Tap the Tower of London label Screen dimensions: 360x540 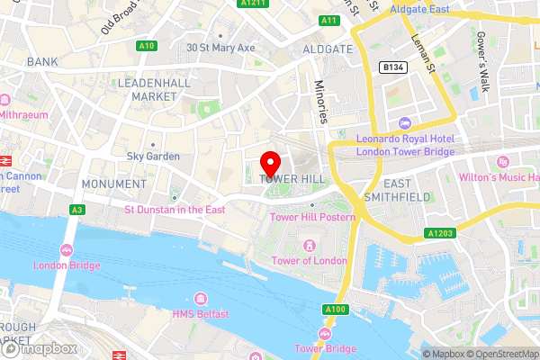click(310, 261)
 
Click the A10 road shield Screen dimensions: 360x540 click(146, 46)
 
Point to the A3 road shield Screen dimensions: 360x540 click(78, 209)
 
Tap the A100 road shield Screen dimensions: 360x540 click(332, 310)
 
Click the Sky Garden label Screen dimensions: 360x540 click(153, 157)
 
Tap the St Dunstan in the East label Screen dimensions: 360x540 click(174, 210)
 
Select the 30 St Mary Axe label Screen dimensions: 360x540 click(220, 48)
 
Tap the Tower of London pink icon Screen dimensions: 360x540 click(310, 245)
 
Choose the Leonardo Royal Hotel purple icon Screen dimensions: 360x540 click(403, 122)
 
